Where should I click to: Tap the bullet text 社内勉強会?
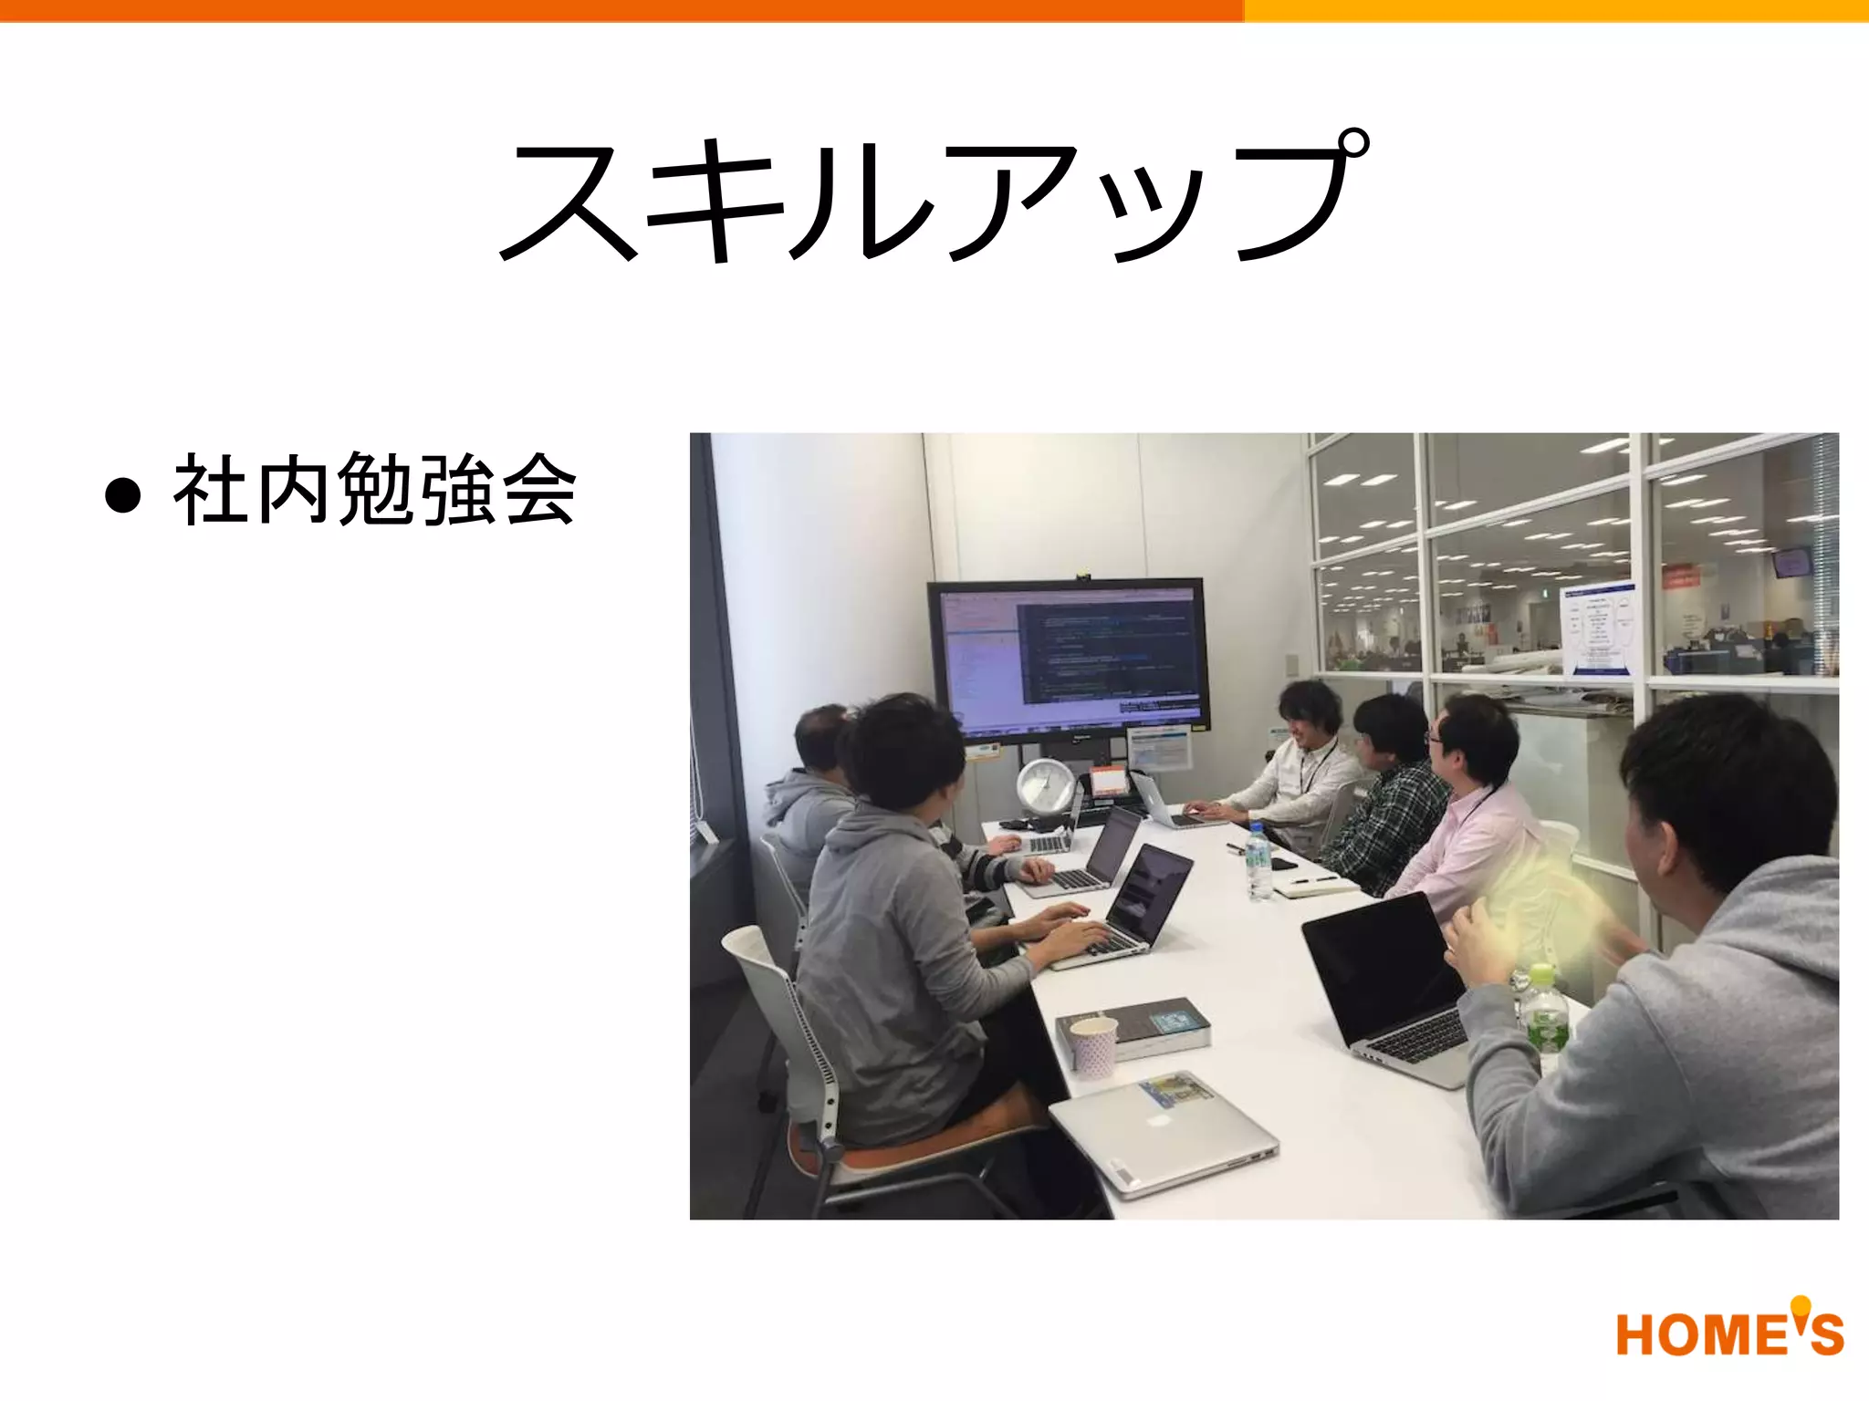[374, 491]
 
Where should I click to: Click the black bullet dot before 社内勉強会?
[123, 495]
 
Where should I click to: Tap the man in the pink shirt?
[1469, 812]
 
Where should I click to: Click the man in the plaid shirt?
[1387, 803]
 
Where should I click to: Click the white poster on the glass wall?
[1597, 629]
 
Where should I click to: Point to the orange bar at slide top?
[621, 10]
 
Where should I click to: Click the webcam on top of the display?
[1082, 575]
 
